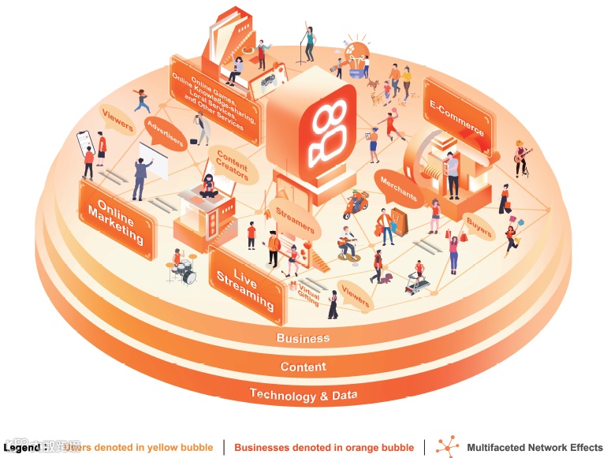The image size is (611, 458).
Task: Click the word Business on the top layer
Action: pos(303,338)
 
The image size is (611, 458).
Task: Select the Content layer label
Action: pos(303,367)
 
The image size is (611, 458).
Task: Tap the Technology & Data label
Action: pos(303,394)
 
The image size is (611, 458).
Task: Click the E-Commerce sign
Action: pos(458,117)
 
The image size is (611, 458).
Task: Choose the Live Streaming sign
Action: pos(246,281)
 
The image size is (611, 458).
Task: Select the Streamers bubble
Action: pos(295,217)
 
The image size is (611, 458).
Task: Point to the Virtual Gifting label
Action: pos(307,294)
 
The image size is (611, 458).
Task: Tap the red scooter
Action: pos(355,207)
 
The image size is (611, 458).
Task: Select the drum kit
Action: pos(183,270)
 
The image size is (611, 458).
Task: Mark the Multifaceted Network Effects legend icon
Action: pos(448,445)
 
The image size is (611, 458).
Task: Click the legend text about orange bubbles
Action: pos(324,448)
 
